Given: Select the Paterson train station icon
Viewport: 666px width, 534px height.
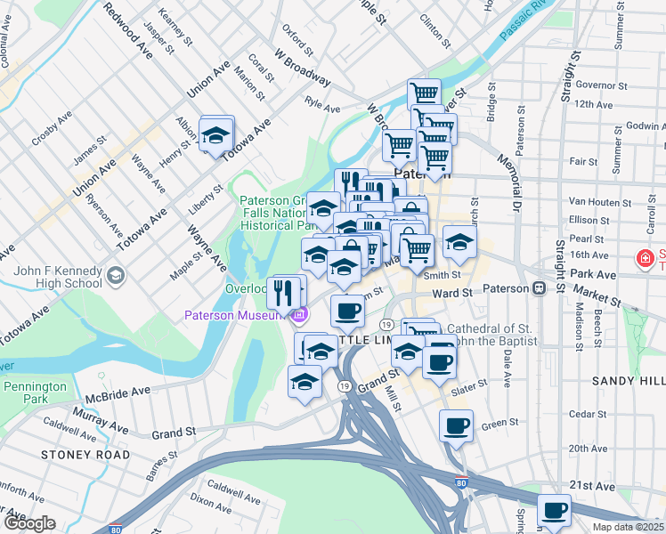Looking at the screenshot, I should click(539, 289).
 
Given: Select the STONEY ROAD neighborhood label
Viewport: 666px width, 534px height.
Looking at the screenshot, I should click(85, 455).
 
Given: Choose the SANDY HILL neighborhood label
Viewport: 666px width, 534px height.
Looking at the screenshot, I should click(628, 380).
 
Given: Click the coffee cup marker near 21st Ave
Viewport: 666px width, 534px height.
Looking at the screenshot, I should click(555, 511).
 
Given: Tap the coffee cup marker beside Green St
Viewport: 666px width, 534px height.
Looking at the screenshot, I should click(456, 425).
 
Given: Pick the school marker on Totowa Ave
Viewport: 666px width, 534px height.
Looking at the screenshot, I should click(215, 135).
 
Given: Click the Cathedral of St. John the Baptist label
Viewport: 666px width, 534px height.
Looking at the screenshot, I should click(493, 335).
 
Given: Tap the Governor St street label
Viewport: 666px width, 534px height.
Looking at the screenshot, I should click(597, 85).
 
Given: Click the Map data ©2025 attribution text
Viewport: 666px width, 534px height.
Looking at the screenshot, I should click(628, 527).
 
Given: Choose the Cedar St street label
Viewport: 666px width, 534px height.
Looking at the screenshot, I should click(587, 414).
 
